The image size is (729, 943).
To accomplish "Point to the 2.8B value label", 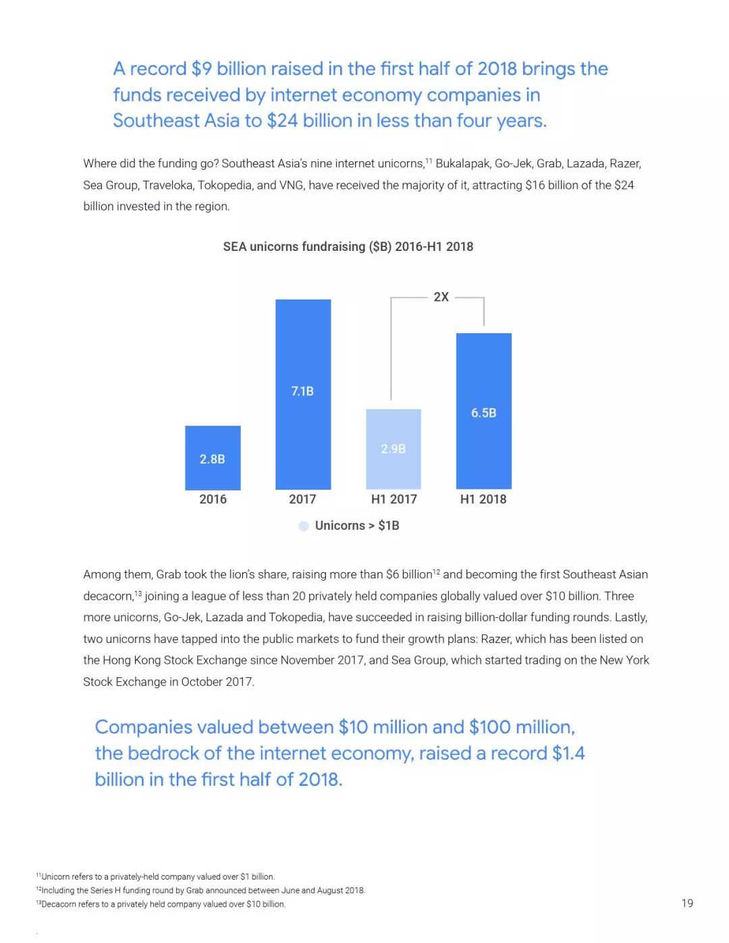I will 212,459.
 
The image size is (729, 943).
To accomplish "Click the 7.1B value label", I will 302,391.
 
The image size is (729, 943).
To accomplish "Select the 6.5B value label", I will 484,413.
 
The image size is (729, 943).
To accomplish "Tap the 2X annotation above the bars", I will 441,297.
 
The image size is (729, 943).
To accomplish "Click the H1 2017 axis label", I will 394,499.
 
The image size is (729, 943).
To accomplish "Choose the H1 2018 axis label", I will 483,499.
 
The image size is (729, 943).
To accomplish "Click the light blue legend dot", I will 304,526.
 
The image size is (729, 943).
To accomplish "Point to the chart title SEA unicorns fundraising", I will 348,247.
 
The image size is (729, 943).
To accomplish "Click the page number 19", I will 687,903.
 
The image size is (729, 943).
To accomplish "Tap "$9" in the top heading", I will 201,69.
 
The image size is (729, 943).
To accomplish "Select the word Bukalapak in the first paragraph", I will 462,164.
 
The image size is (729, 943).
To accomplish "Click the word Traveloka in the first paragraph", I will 167,185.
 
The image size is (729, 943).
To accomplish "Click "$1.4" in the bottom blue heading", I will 568,753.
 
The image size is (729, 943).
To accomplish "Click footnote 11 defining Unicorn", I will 155,877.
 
